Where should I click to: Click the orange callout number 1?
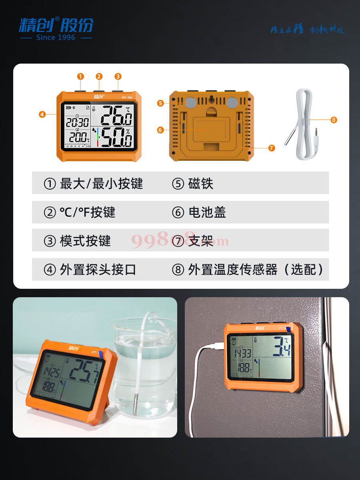click(x=80, y=76)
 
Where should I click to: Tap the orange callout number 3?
click(x=118, y=76)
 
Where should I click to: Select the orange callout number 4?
click(x=42, y=114)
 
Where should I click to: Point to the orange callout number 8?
click(x=334, y=120)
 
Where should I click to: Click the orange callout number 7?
click(x=272, y=148)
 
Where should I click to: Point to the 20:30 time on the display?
click(x=77, y=122)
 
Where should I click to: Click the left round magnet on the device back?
click(x=190, y=103)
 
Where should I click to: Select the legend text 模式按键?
click(x=85, y=241)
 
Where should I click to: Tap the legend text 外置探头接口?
click(x=98, y=270)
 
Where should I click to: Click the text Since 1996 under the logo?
click(x=56, y=37)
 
